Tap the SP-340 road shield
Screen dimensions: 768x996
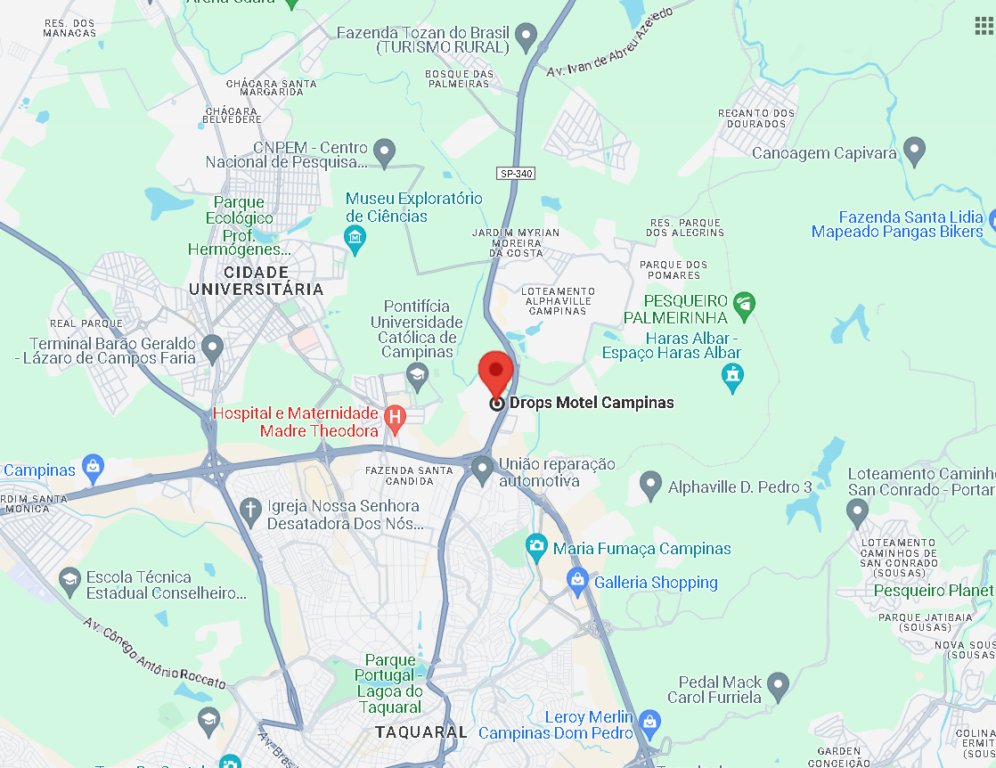coord(516,173)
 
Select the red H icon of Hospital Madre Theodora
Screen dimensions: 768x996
coord(394,416)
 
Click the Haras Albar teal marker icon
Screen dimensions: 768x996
coord(732,377)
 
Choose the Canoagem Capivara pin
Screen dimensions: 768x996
coord(914,151)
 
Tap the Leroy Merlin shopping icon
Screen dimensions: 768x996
coord(650,722)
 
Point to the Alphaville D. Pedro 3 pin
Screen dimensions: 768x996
coord(651,486)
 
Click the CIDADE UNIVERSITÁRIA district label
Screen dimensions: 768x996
coord(256,281)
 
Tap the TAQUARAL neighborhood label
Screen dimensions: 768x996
coord(420,732)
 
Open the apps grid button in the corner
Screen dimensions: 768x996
coord(984,25)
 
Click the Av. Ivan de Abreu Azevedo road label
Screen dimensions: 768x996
coord(608,44)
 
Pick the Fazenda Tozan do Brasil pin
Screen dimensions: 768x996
coord(527,37)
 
